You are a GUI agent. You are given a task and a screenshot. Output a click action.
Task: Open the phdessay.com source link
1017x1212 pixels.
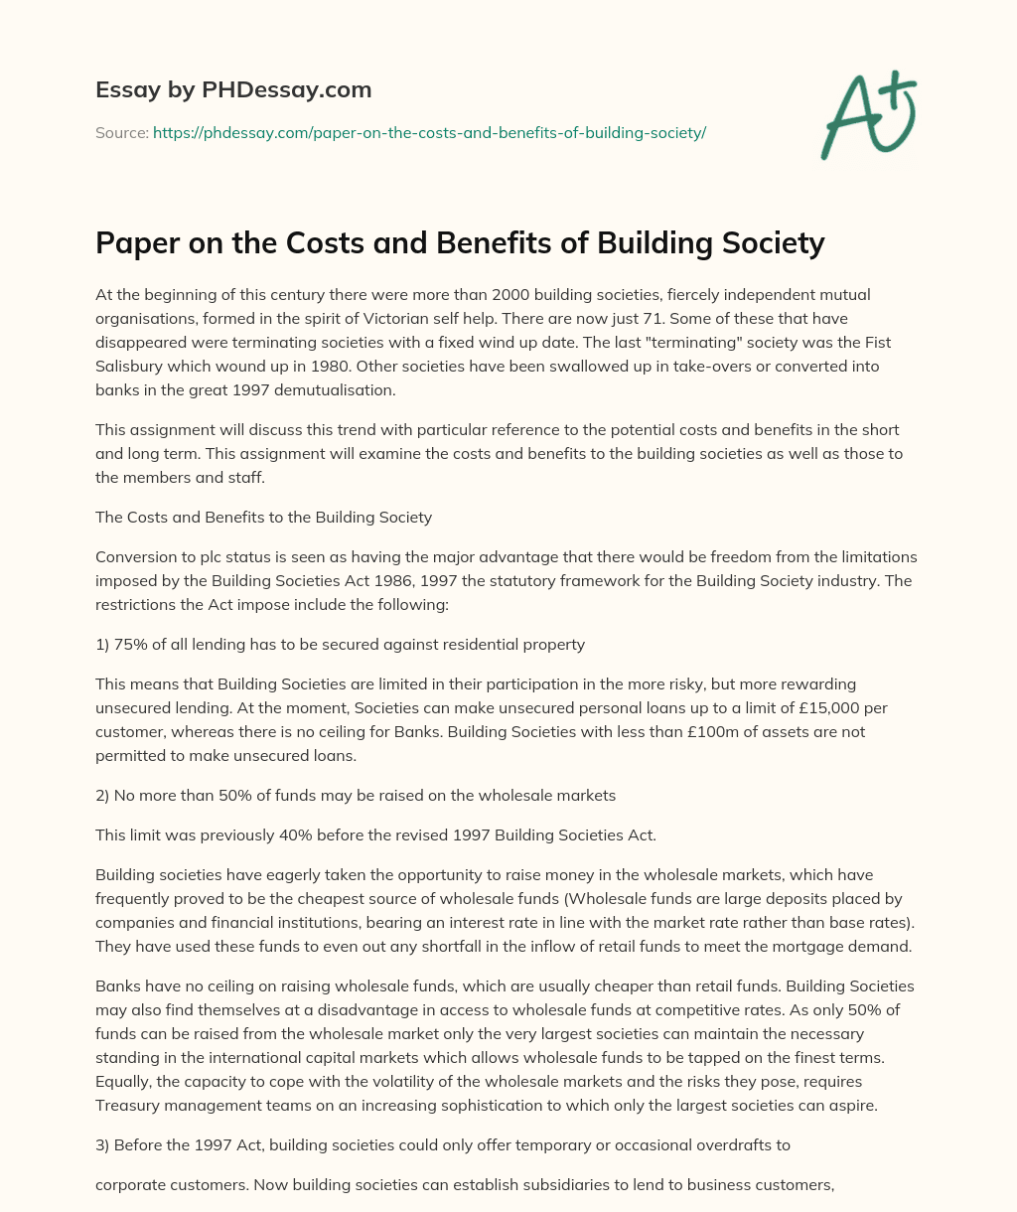(x=429, y=132)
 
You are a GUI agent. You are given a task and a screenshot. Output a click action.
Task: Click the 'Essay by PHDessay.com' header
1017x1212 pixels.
(x=233, y=90)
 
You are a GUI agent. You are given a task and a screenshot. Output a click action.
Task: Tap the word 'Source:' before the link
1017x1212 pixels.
(x=122, y=132)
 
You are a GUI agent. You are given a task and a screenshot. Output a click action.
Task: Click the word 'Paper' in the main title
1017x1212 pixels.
(x=135, y=242)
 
